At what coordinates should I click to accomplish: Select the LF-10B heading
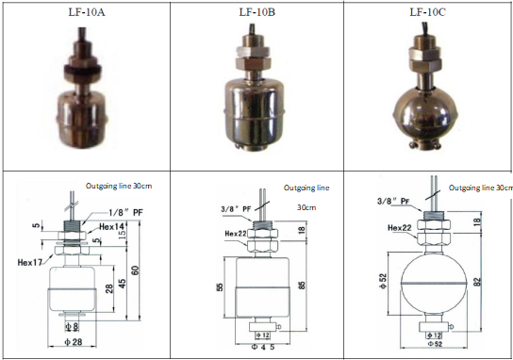tap(255, 12)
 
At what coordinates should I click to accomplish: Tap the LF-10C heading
tap(427, 12)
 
